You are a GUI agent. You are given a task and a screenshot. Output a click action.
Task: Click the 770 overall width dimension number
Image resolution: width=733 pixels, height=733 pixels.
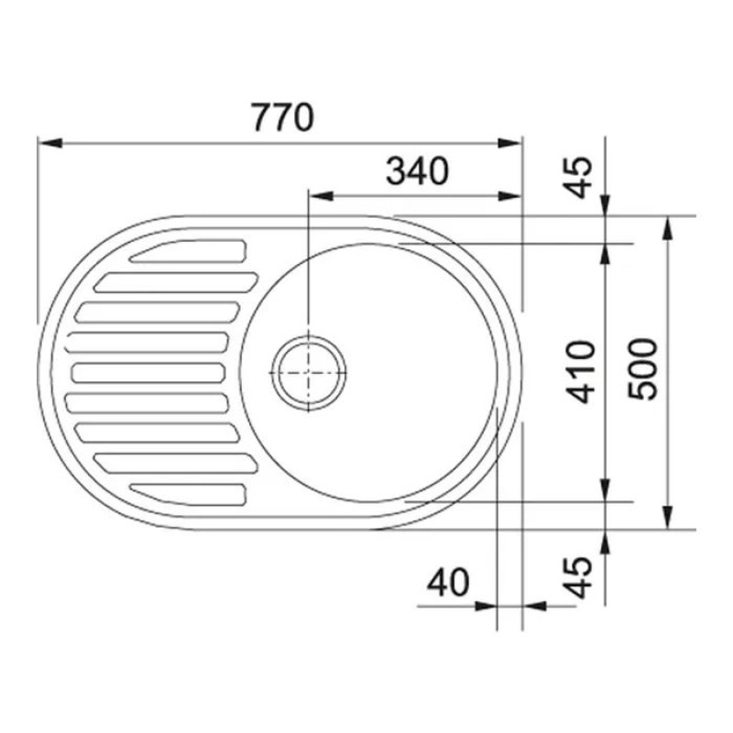tap(282, 117)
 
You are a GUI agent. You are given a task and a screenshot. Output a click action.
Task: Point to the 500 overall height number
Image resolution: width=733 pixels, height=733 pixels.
tap(644, 368)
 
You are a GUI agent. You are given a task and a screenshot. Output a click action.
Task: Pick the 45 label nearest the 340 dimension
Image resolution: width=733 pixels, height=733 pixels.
tap(581, 176)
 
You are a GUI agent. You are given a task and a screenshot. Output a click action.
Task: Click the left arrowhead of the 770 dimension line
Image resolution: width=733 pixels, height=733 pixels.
tap(46, 143)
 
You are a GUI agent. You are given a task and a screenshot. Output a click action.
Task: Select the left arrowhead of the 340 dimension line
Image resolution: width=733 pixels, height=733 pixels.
tap(318, 195)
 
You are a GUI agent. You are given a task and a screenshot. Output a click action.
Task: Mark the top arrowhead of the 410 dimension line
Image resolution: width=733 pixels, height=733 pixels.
tap(606, 251)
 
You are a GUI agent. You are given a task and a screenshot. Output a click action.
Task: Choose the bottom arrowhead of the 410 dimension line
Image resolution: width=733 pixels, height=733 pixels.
tap(606, 494)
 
